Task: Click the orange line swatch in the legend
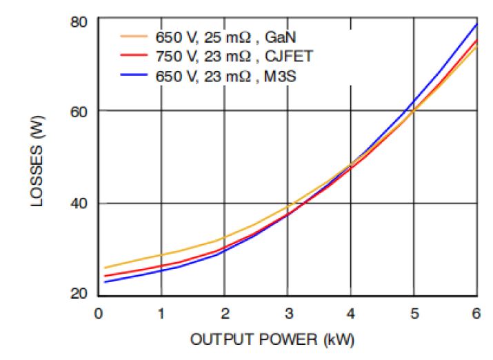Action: (134, 35)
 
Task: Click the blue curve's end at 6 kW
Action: (476, 25)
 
